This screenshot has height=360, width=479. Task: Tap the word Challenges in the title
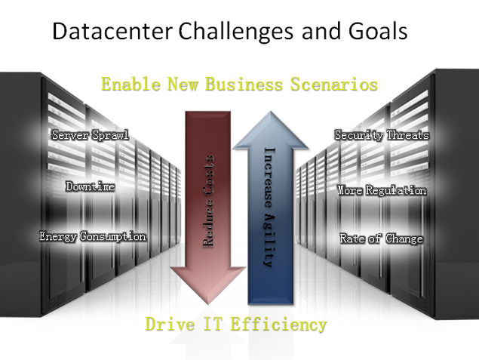236,32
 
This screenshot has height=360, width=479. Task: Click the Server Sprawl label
90,135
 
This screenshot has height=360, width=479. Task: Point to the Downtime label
91,186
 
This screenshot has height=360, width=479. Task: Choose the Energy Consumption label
93,236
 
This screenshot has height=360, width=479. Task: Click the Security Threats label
382,135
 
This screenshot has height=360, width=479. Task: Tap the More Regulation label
382,190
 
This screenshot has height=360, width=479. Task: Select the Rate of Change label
382,238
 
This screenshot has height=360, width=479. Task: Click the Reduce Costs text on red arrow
208,201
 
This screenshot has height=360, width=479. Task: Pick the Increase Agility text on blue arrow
270,208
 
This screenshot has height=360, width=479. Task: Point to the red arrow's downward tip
208,304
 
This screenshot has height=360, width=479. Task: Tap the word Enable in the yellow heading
130,84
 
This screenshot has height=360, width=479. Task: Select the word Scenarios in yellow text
334,84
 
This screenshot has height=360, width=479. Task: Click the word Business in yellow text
244,84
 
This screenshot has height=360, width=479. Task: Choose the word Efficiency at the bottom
278,325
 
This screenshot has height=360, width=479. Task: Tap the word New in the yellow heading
183,84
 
